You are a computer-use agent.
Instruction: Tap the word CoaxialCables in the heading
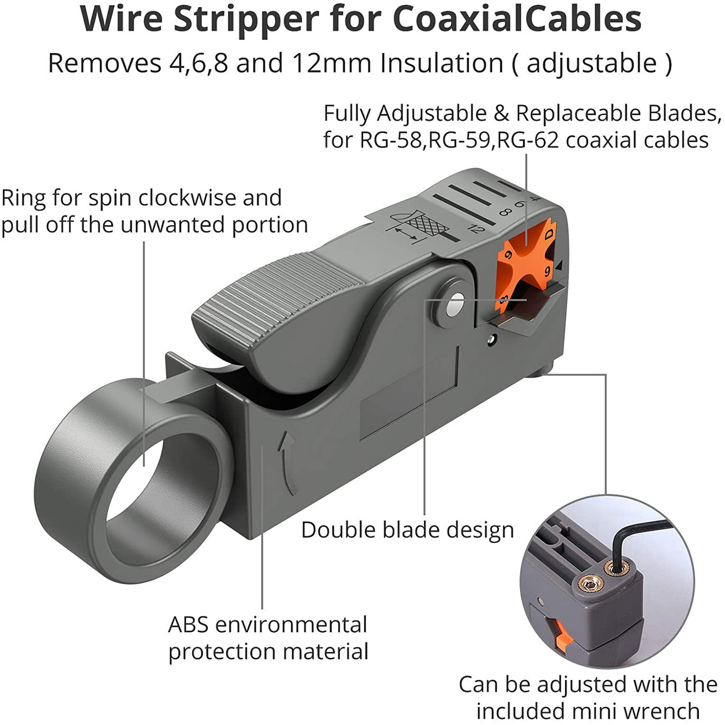[x=517, y=20]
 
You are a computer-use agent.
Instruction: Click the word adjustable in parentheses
[x=592, y=63]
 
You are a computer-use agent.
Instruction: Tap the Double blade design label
[x=407, y=530]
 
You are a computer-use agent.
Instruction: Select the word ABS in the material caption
[x=188, y=625]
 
